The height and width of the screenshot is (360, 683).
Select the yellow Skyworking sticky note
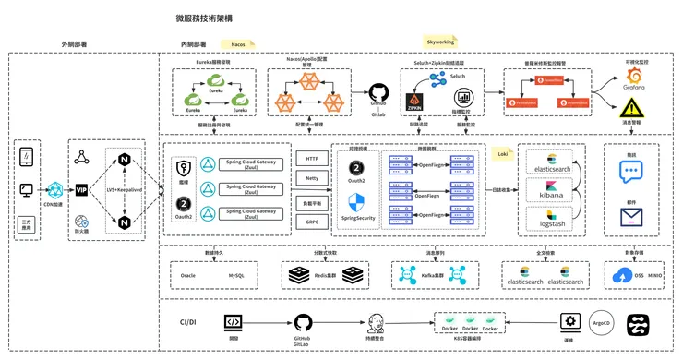(441, 42)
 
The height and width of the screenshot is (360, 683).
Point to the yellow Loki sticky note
(503, 152)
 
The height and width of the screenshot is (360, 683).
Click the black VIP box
(81, 189)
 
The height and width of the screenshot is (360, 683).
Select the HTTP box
(312, 159)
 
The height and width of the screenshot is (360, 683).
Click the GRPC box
(312, 222)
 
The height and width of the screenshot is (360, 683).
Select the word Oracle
(187, 275)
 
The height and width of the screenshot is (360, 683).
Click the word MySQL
(238, 275)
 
